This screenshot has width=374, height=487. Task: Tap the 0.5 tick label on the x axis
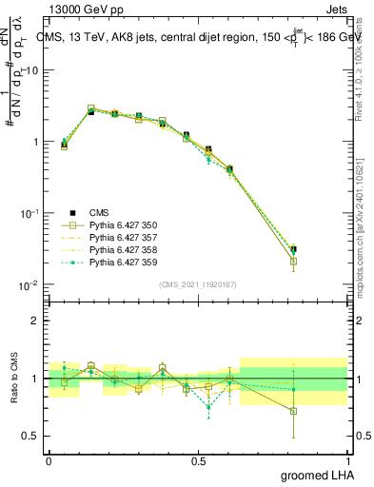pos(198,460)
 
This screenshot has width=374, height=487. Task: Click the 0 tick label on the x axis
pos(49,460)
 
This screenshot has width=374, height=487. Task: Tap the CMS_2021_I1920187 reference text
pos(198,283)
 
